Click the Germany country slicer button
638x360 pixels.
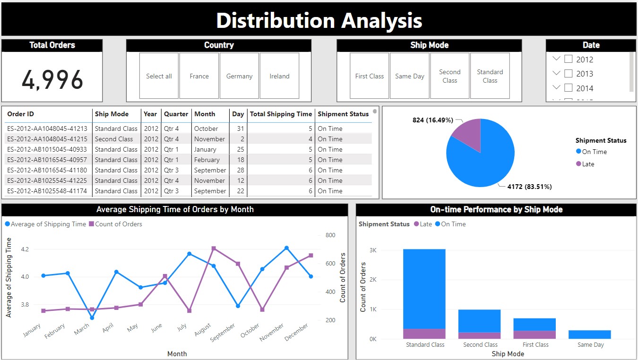[239, 76]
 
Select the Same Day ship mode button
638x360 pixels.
[410, 76]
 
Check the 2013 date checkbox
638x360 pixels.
[569, 74]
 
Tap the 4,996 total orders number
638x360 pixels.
[52, 79]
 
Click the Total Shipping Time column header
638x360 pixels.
[281, 114]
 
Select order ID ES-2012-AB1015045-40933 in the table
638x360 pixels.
[47, 149]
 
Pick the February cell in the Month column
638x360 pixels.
[207, 160]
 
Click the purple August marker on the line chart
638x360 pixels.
[214, 248]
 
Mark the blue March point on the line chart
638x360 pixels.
[92, 317]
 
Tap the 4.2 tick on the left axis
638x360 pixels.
[25, 249]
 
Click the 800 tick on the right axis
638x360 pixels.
[330, 235]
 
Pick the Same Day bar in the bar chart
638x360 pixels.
[590, 334]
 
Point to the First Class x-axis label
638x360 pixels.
[535, 345]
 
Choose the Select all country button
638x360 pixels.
[159, 76]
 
